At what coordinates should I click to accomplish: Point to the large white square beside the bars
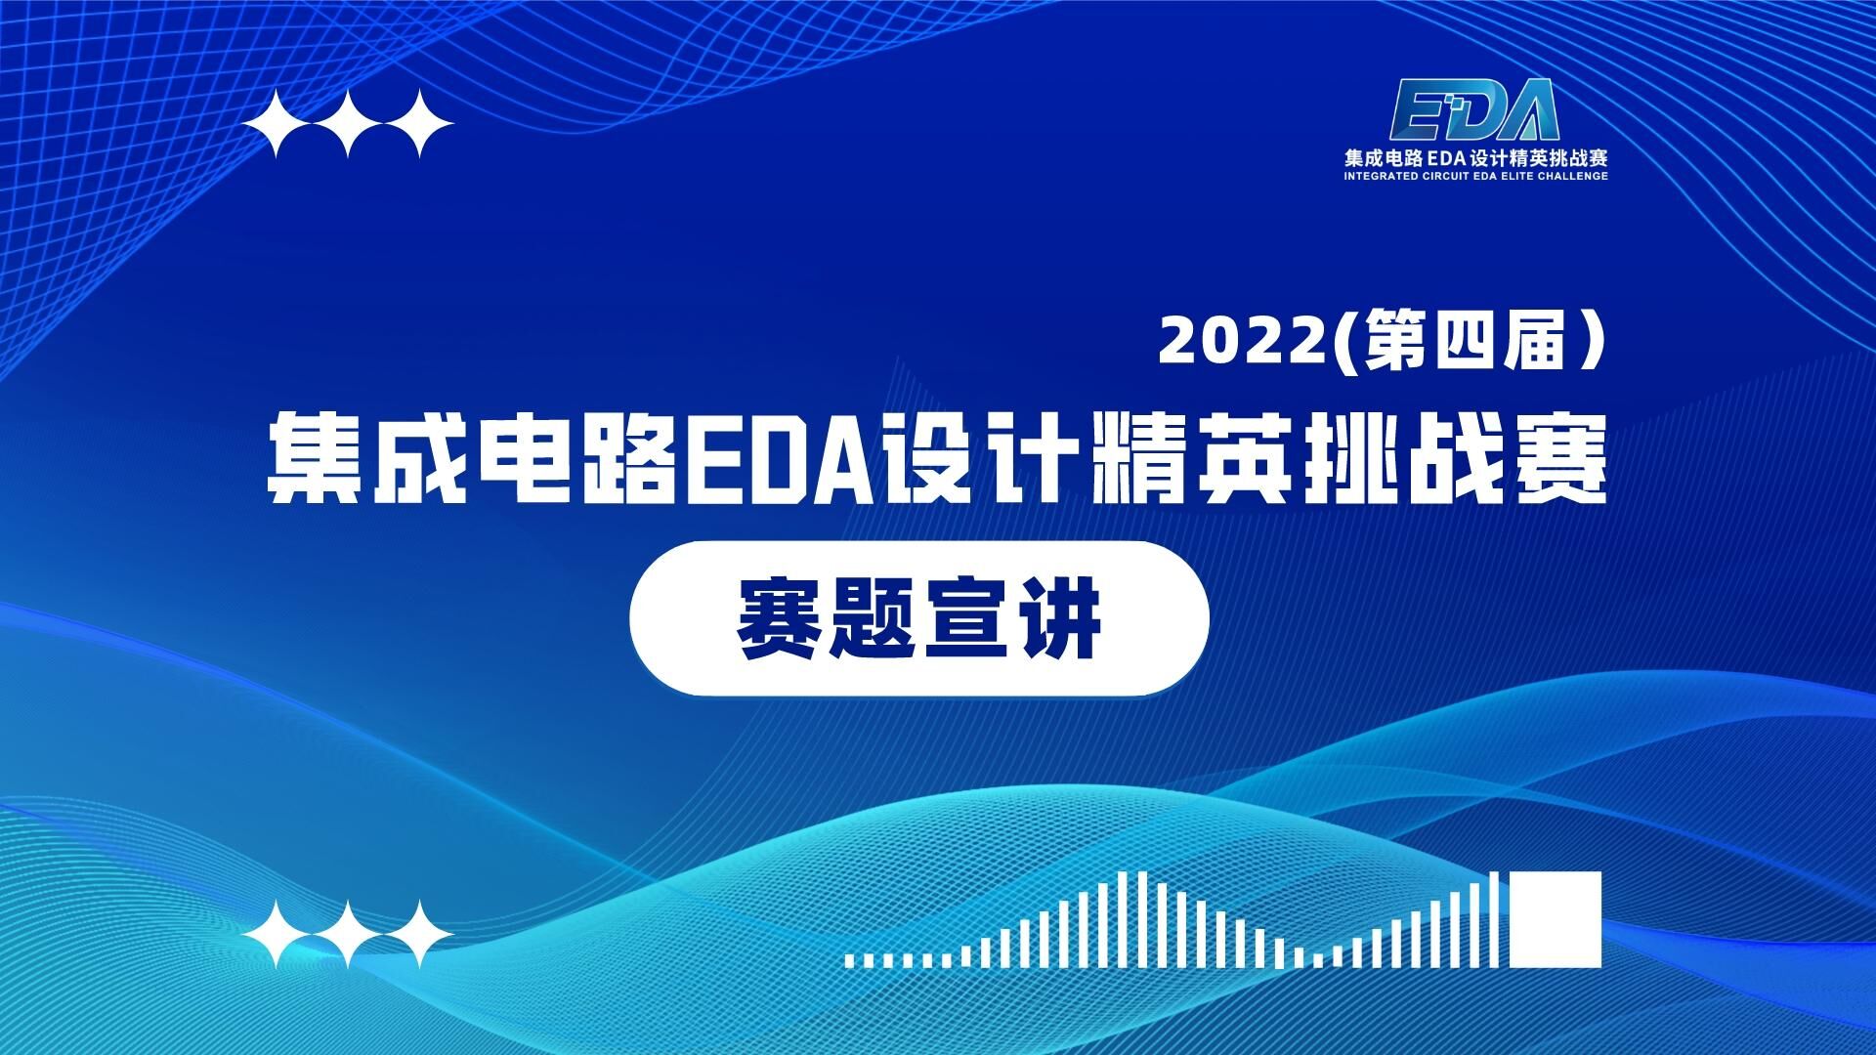tap(1556, 919)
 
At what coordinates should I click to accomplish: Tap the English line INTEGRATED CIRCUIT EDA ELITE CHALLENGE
tap(1475, 177)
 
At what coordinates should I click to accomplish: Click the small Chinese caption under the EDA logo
tap(1475, 157)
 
